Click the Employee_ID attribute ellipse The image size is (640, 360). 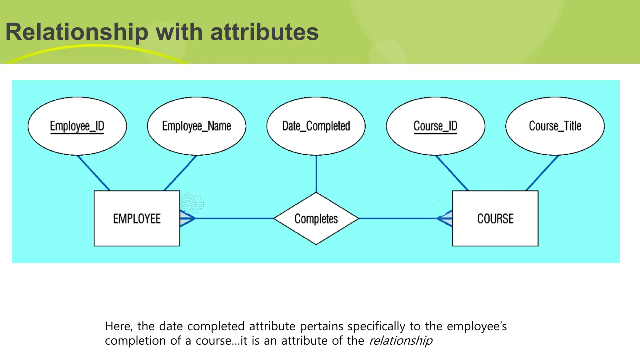click(x=77, y=126)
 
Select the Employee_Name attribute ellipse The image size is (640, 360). click(x=196, y=126)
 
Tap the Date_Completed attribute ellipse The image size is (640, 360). click(x=316, y=126)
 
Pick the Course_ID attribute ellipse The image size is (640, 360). click(x=435, y=126)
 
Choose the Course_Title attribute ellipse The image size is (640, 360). click(x=555, y=126)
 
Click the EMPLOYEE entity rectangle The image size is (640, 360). click(x=137, y=218)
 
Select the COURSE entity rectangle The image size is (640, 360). click(x=495, y=218)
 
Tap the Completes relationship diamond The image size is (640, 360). click(x=316, y=218)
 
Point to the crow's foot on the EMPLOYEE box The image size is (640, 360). click(x=187, y=218)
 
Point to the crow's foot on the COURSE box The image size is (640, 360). click(x=445, y=218)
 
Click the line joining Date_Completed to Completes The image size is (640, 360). click(x=316, y=173)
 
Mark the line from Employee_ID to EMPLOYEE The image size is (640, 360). click(x=93, y=173)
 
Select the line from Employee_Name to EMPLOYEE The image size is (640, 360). click(x=180, y=173)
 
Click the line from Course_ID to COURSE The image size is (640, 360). click(x=452, y=173)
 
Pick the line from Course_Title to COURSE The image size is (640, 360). click(x=542, y=173)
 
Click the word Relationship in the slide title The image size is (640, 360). click(x=77, y=32)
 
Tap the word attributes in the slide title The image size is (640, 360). click(x=264, y=32)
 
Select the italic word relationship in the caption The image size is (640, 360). click(x=401, y=341)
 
